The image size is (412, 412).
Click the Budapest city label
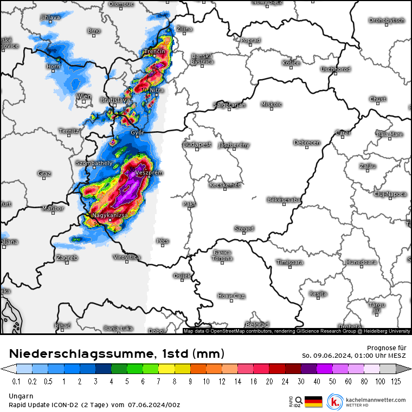tap(197, 144)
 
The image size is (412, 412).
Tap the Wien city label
tap(83, 96)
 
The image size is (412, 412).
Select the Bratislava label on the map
tap(115, 100)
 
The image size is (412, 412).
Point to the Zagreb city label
tap(67, 257)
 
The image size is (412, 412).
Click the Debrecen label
tap(307, 143)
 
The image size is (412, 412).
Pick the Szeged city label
tap(244, 229)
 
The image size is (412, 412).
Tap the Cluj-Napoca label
tap(390, 194)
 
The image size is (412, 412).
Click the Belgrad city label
tap(257, 325)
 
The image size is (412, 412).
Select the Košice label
tap(291, 63)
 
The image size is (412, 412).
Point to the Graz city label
tap(44, 173)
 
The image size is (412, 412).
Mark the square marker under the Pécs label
tap(162, 246)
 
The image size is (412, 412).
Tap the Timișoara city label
tap(289, 262)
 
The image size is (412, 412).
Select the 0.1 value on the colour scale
tap(16, 381)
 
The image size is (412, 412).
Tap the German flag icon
tap(313, 402)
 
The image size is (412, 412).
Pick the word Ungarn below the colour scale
tap(21, 396)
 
